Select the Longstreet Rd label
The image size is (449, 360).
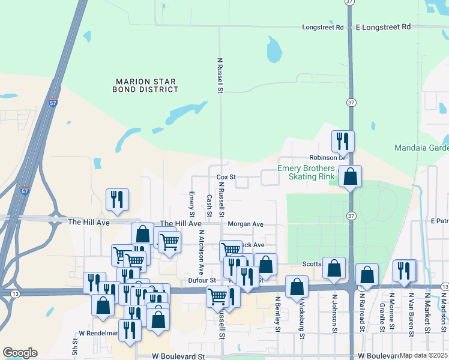322,28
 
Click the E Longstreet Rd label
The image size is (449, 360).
383,28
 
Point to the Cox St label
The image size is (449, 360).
225,178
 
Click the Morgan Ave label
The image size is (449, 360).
246,224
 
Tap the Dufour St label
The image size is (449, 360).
201,280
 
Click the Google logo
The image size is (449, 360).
20,353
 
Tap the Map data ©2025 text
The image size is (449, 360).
424,355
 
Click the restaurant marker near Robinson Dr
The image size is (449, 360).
343,142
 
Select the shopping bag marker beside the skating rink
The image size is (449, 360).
351,177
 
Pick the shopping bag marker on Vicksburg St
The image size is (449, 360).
297,287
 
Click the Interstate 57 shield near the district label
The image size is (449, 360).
53,103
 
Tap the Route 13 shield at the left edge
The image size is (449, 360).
14,293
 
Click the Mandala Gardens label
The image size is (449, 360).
421,148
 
